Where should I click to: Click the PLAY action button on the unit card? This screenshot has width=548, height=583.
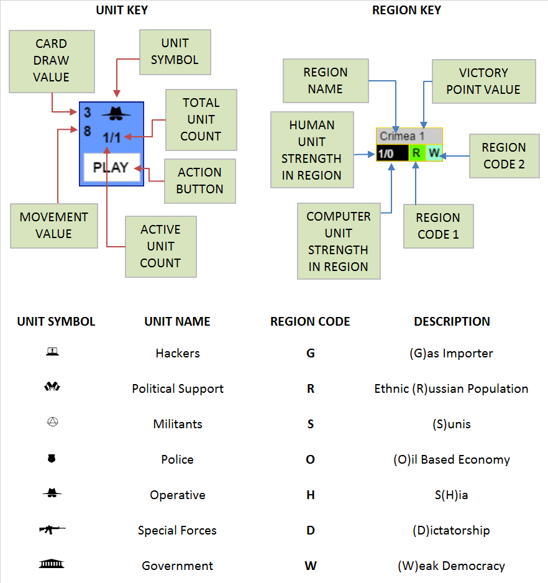click(x=111, y=167)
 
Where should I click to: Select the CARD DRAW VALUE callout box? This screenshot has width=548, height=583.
click(x=52, y=61)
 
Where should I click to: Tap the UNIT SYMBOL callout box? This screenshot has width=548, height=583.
click(x=175, y=52)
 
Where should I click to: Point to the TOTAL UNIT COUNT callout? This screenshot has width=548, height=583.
click(x=201, y=119)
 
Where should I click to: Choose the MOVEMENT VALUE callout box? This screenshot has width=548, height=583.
click(x=54, y=226)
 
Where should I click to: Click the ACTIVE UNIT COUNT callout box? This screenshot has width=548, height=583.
click(x=160, y=246)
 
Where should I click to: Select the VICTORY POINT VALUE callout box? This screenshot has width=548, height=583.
click(x=483, y=81)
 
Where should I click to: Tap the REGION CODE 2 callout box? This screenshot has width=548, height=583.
click(x=504, y=155)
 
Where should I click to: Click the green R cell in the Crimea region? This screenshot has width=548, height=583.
click(x=416, y=153)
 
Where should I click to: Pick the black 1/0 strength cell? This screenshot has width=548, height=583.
click(x=392, y=153)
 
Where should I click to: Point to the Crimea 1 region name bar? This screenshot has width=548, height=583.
click(x=409, y=136)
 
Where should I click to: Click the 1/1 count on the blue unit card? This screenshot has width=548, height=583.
click(x=112, y=138)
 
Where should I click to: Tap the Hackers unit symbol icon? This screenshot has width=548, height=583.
click(x=52, y=352)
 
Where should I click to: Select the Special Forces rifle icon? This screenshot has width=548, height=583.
click(x=52, y=530)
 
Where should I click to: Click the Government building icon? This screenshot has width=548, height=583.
click(x=52, y=564)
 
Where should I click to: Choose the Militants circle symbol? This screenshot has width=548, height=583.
click(x=52, y=423)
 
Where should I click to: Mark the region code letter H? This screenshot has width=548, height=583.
click(x=311, y=495)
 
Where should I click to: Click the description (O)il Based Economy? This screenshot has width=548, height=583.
click(x=452, y=460)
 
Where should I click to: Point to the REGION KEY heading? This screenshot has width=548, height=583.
click(x=406, y=11)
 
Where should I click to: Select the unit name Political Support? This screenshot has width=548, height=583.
click(x=178, y=388)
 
